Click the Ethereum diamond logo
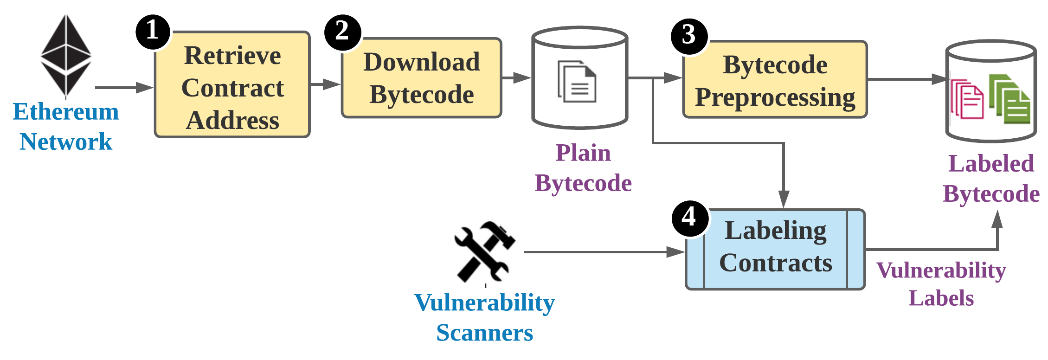click(x=66, y=57)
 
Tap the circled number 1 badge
click(x=152, y=32)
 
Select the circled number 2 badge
click(x=342, y=32)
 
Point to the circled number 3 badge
click(x=689, y=35)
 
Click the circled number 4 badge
click(x=689, y=217)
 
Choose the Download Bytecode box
click(x=421, y=78)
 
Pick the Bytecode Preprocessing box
click(x=775, y=80)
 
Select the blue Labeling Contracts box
click(x=775, y=249)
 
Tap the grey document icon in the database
click(x=577, y=82)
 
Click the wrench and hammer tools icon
click(x=484, y=251)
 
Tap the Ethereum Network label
click(x=66, y=127)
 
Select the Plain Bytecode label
click(x=583, y=168)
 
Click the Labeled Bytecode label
click(x=991, y=179)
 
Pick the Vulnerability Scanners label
click(x=484, y=318)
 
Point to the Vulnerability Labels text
click(x=941, y=284)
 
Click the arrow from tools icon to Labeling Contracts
click(x=603, y=252)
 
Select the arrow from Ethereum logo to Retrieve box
click(x=123, y=87)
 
